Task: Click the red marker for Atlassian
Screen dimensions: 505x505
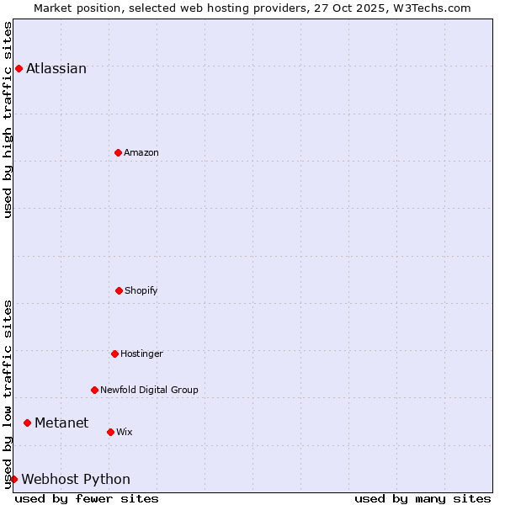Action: pos(19,68)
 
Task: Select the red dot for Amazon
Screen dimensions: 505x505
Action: pos(118,152)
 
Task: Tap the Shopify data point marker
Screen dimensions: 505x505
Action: pos(119,290)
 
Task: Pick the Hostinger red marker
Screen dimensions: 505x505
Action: pos(114,353)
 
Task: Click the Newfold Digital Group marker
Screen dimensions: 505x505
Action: pos(94,390)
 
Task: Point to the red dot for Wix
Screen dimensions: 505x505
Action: pos(110,432)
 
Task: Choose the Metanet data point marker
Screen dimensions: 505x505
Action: pos(27,423)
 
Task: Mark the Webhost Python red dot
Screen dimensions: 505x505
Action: pos(13,479)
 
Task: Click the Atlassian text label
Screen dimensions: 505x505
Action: pos(56,69)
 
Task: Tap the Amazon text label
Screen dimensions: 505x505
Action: pos(141,152)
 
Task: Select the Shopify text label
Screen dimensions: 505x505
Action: pos(141,290)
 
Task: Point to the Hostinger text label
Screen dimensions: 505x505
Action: pos(141,353)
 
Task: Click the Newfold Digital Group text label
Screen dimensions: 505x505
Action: pos(149,390)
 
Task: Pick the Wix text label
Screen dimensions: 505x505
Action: pos(125,432)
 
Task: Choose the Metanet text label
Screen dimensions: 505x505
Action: pos(61,423)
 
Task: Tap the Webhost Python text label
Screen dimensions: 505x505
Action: pos(76,480)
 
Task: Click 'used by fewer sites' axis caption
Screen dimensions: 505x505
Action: pos(87,498)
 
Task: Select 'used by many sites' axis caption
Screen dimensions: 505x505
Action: pos(423,498)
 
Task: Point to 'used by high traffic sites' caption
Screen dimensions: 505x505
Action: pos(8,120)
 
